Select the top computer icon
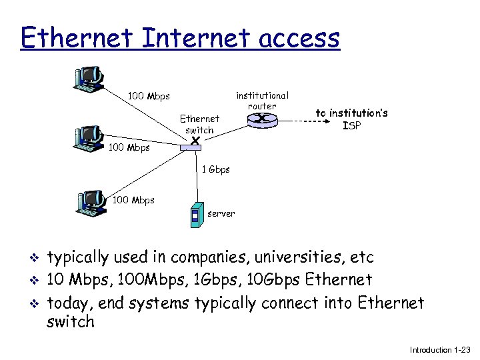click(x=90, y=78)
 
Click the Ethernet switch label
click(x=199, y=124)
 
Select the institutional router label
click(x=262, y=101)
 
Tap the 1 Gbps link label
click(x=216, y=169)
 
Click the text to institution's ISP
click(x=351, y=119)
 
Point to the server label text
click(x=221, y=213)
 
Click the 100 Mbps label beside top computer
click(x=148, y=97)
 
